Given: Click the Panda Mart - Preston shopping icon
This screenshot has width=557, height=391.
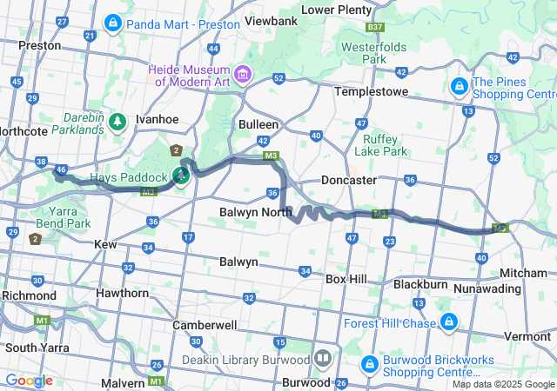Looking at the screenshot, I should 113,23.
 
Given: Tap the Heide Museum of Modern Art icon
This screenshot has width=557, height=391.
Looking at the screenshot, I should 242,75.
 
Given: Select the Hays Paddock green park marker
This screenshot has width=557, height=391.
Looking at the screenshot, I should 181,176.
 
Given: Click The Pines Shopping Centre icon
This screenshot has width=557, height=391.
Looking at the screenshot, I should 458,87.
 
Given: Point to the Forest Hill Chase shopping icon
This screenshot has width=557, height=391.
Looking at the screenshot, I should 449,324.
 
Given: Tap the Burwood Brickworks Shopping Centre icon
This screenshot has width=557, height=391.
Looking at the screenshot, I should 369,363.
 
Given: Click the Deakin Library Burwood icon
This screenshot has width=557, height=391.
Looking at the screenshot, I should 323,359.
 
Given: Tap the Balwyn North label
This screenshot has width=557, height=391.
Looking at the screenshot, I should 255,213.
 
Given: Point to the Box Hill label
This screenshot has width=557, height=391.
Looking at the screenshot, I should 346,279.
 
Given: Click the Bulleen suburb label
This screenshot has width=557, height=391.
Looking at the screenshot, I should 258,124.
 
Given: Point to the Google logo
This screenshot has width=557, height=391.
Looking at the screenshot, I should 28,381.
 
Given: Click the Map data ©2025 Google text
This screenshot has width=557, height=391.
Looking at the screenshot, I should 502,384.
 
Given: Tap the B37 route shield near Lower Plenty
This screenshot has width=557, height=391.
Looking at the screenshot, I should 375,28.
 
